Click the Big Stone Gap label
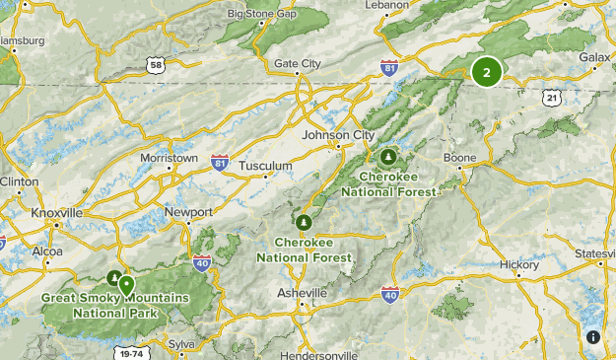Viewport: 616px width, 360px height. (x=262, y=14)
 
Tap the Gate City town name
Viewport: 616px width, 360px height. (x=298, y=64)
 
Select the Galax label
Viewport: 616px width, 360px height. (x=595, y=58)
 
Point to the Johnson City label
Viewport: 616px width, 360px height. (x=339, y=135)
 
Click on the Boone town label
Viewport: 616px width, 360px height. (x=460, y=158)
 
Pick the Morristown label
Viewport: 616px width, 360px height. (x=169, y=158)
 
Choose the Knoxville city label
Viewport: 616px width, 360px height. (x=56, y=213)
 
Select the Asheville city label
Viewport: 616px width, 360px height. (x=302, y=294)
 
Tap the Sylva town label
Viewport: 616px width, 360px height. (x=181, y=343)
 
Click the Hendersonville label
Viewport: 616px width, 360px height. (x=322, y=354)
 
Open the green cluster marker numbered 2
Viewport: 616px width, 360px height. (x=486, y=72)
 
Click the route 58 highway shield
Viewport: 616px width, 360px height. (x=155, y=64)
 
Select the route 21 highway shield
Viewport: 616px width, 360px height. (x=551, y=97)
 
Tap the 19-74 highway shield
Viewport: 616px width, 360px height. (x=128, y=352)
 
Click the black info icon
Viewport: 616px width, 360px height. (x=592, y=337)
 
